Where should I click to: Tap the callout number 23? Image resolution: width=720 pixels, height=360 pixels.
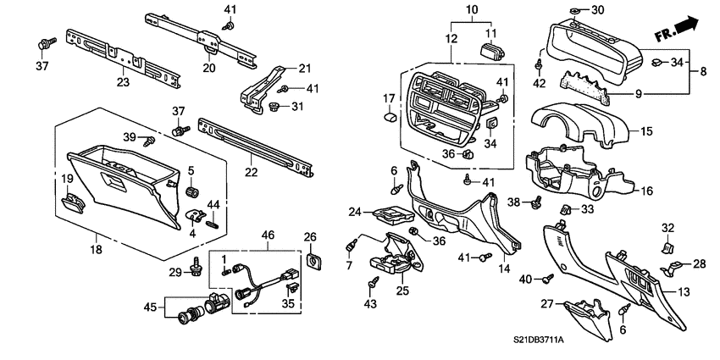[123, 83]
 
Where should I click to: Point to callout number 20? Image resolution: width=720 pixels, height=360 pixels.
[209, 69]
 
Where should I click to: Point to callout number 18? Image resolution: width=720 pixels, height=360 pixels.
[95, 249]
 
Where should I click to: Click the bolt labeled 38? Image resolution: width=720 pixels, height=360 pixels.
[535, 203]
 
